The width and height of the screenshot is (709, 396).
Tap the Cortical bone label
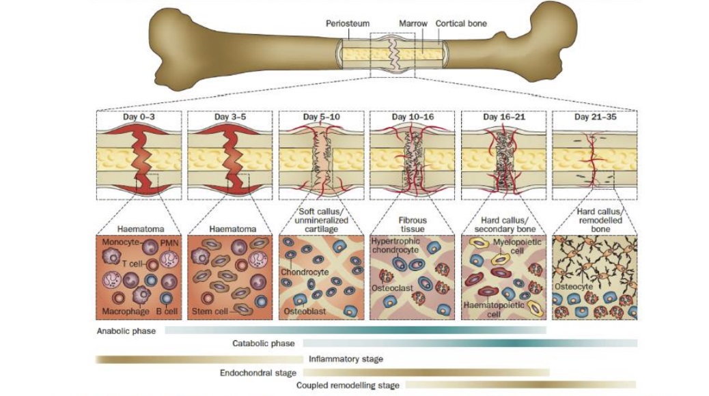pos(461,24)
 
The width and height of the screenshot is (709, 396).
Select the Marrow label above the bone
pos(413,24)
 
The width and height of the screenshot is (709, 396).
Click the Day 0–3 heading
pos(139,117)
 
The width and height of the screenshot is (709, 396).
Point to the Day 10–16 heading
pos(413,117)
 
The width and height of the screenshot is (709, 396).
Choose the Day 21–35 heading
pos(595,117)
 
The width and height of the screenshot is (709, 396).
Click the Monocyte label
pos(119,243)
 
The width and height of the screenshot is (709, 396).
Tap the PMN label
pos(168,243)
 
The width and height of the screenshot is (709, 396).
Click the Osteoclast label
pos(391,287)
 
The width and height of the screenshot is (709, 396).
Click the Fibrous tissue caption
pos(413,225)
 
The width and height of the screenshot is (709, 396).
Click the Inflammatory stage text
pos(346,359)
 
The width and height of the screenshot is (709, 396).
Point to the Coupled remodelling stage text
pos(348,386)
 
